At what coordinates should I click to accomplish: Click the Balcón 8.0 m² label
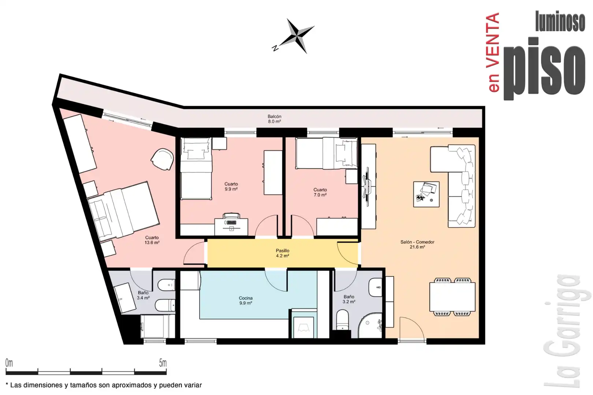(274, 119)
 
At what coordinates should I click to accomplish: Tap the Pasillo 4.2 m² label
(283, 253)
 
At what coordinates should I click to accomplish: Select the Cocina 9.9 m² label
(246, 301)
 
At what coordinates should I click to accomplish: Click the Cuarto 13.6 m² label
(152, 240)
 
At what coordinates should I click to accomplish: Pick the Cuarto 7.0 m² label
(320, 192)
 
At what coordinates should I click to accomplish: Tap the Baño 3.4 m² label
(143, 295)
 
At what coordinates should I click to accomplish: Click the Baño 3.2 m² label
(349, 299)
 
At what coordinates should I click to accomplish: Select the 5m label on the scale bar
(163, 363)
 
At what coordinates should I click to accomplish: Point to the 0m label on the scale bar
(9, 363)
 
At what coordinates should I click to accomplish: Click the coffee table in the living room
(426, 194)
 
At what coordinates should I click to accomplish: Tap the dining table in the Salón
(452, 297)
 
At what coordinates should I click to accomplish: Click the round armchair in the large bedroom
(162, 159)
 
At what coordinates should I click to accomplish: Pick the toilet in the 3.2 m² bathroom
(343, 320)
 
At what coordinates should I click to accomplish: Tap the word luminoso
(560, 21)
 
